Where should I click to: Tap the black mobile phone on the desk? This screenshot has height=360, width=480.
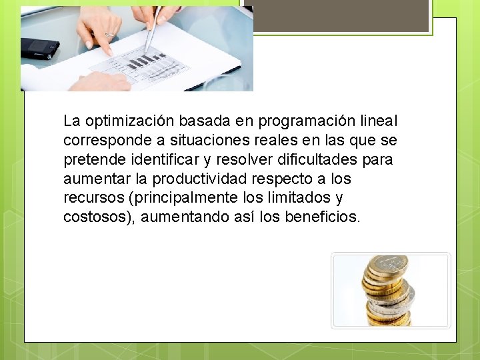tap(39, 47)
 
